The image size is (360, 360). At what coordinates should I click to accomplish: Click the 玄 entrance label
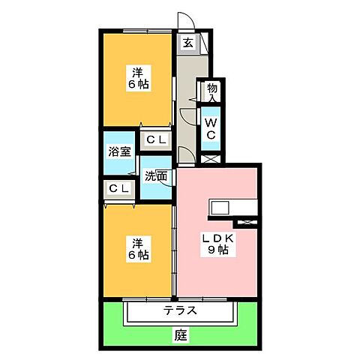point(188,43)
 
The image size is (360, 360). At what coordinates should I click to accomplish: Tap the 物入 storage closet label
point(211,92)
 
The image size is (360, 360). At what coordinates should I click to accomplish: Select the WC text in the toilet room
point(211,128)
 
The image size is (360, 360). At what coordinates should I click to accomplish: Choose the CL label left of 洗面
point(118,188)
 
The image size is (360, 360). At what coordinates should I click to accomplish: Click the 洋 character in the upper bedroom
point(138,72)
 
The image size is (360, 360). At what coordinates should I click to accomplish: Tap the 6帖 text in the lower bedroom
point(138,255)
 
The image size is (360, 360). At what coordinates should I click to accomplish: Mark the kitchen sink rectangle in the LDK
point(223,207)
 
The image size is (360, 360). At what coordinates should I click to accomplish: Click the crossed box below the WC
point(211,157)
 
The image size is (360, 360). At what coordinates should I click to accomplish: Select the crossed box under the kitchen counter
point(246,223)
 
